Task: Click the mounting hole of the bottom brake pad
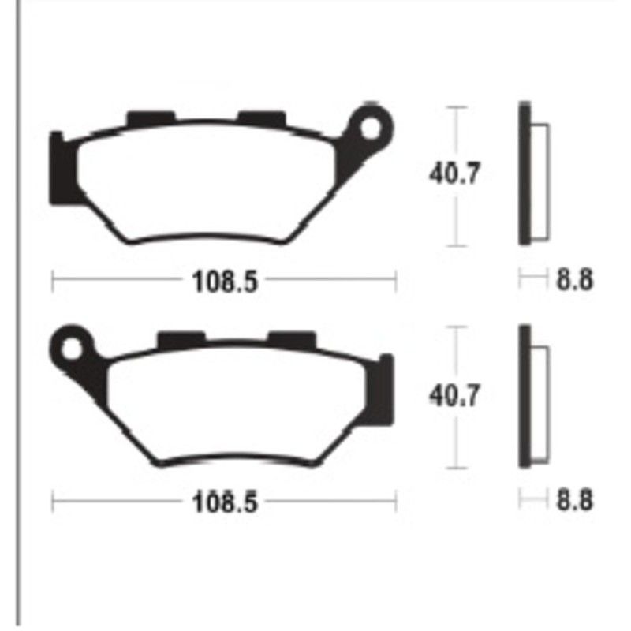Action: coord(73,346)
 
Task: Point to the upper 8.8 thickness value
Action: coord(574,280)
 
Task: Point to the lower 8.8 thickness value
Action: coord(574,501)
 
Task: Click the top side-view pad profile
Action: coord(529,175)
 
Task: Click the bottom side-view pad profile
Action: coord(529,395)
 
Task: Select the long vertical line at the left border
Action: coord(17,315)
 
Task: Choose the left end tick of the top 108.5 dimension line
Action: coord(53,280)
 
